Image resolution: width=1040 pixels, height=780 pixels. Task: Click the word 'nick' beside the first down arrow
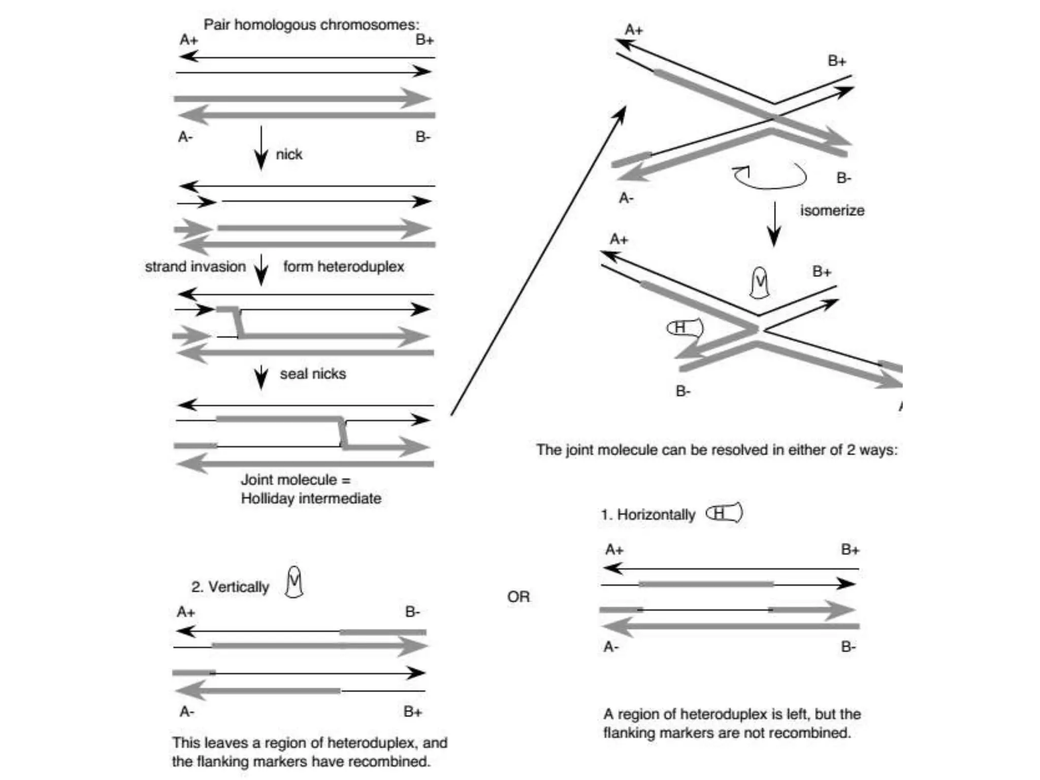point(289,154)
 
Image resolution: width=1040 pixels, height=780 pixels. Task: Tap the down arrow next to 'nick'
point(261,148)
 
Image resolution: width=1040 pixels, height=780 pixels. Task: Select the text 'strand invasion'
point(195,267)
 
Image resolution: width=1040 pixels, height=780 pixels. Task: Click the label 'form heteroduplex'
point(343,267)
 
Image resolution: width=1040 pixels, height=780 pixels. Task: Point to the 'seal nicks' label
point(313,374)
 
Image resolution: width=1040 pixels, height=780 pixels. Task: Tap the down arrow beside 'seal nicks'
point(261,377)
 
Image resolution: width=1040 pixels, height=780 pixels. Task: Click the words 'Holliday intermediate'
point(311,499)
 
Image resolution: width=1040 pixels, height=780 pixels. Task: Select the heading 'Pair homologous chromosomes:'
point(311,24)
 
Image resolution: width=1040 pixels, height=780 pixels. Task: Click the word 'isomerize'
point(832,211)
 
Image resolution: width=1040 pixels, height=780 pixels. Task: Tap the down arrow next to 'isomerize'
point(774,224)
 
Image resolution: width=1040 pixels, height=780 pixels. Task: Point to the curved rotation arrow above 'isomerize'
point(770,176)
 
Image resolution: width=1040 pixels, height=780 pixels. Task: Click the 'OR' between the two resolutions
point(518,597)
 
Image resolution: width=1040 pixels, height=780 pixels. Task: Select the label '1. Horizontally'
point(647,515)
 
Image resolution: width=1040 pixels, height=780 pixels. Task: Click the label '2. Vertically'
point(230,587)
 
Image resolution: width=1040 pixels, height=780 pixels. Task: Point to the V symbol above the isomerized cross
point(760,282)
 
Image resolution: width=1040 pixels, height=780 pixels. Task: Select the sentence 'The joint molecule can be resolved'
point(717,450)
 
